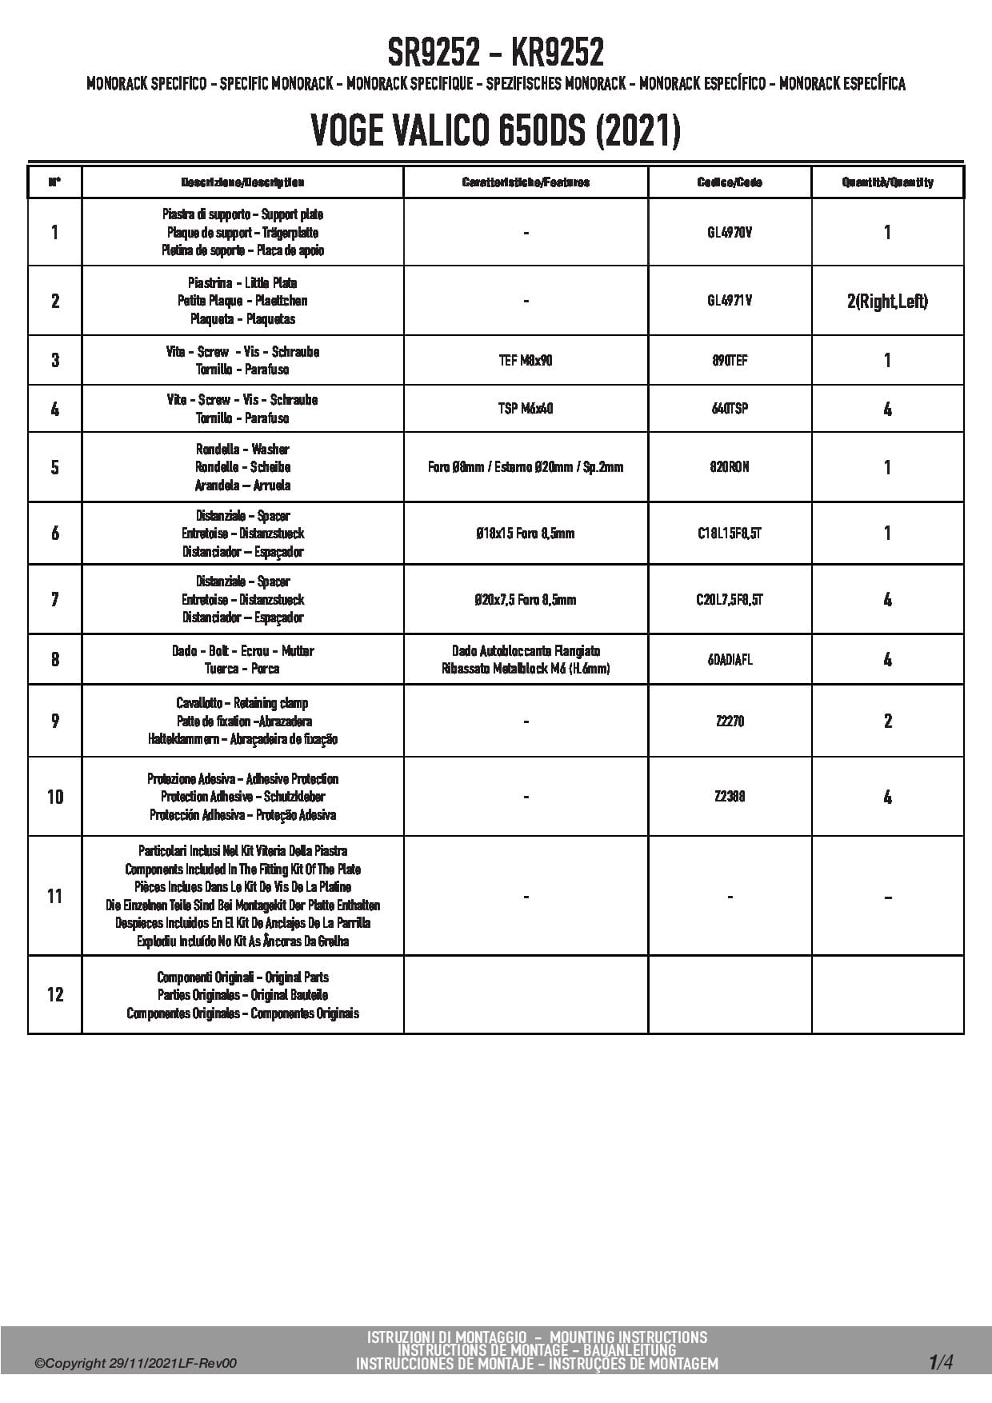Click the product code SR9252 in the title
(434, 54)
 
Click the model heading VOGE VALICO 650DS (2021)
(495, 130)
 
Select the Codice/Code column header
(730, 182)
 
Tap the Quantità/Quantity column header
(887, 182)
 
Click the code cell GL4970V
(730, 233)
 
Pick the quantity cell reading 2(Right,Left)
(887, 302)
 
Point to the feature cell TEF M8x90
(526, 361)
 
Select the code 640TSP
(730, 409)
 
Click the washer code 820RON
(730, 467)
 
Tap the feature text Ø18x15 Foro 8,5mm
(526, 534)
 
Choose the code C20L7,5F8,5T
(730, 600)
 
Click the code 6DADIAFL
(730, 660)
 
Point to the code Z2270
(730, 721)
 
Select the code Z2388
(730, 797)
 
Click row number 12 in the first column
(54, 994)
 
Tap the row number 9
(54, 721)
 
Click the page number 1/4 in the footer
(941, 1361)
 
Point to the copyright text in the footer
(135, 1364)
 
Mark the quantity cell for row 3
(887, 361)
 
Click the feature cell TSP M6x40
(526, 409)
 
